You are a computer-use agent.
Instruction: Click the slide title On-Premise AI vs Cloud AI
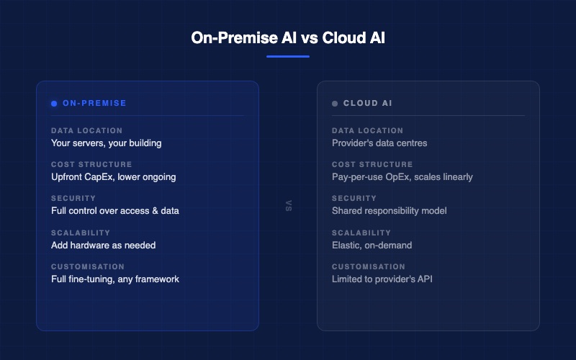288,37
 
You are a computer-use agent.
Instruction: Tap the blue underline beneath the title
288,56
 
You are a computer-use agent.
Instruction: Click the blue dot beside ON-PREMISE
54,104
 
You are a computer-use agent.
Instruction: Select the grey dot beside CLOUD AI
335,104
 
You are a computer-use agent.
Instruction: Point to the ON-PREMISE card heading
94,104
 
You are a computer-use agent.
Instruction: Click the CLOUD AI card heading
367,104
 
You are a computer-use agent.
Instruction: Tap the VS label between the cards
288,206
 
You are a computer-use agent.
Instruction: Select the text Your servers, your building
106,143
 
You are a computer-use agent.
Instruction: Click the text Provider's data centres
379,143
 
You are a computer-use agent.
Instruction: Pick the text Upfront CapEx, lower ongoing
113,176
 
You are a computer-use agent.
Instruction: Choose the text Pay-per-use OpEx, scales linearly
402,176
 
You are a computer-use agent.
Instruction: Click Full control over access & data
115,211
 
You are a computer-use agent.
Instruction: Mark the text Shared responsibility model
389,211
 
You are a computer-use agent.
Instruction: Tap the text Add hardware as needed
103,245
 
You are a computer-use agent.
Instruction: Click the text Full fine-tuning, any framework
115,279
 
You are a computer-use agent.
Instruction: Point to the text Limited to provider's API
382,279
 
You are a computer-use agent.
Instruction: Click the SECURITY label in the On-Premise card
73,199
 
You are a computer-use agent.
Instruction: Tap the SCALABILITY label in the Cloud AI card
361,233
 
